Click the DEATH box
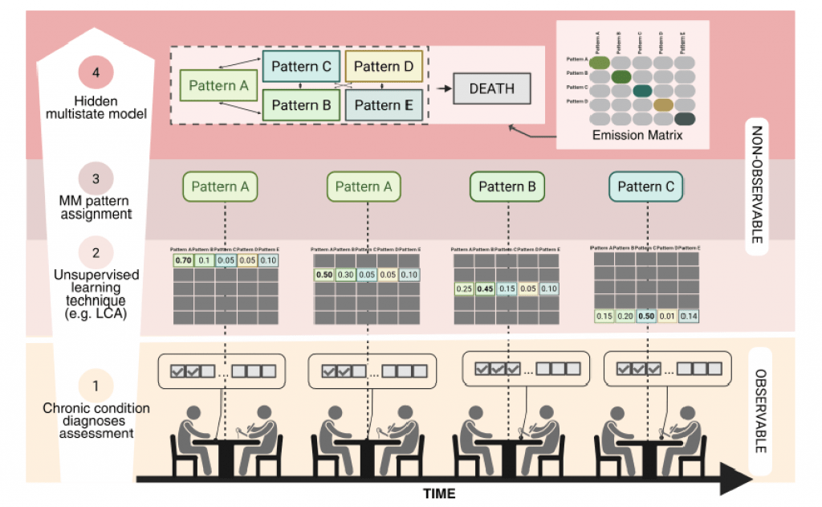pyautogui.click(x=491, y=88)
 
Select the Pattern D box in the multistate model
pyautogui.click(x=384, y=66)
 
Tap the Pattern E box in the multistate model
pyautogui.click(x=384, y=105)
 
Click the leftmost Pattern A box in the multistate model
pyautogui.click(x=216, y=85)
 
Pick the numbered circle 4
pyautogui.click(x=96, y=73)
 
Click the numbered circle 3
pyautogui.click(x=96, y=179)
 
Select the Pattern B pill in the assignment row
pyautogui.click(x=507, y=187)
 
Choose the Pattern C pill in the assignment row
pyautogui.click(x=646, y=187)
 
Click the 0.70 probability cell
pyautogui.click(x=182, y=260)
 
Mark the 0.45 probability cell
pyautogui.click(x=484, y=289)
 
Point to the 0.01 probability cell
pyautogui.click(x=667, y=317)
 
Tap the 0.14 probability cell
pyautogui.click(x=688, y=317)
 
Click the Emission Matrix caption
pyautogui.click(x=637, y=136)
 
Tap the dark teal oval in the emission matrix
pyautogui.click(x=642, y=90)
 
